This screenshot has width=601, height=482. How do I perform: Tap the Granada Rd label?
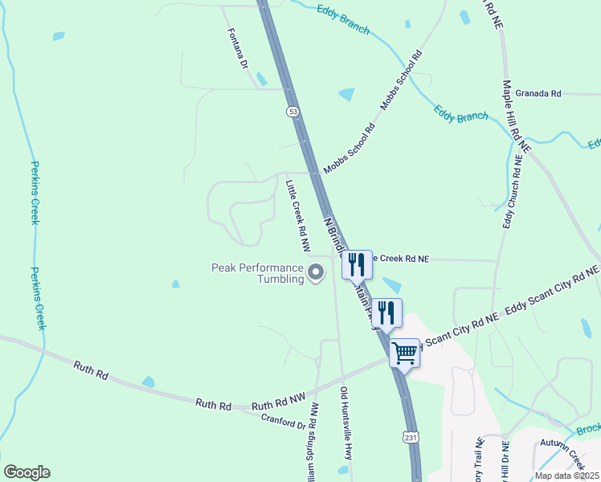[x=538, y=94]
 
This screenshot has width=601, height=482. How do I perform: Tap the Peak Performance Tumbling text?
[x=257, y=273]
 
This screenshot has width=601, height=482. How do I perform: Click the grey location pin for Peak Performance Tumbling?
[x=317, y=273]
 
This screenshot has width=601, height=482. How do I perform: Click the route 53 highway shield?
[x=292, y=111]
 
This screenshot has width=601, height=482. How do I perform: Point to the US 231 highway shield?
[x=410, y=437]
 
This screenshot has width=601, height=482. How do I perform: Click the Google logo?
[x=27, y=472]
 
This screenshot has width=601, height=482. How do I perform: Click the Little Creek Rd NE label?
[x=401, y=259]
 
